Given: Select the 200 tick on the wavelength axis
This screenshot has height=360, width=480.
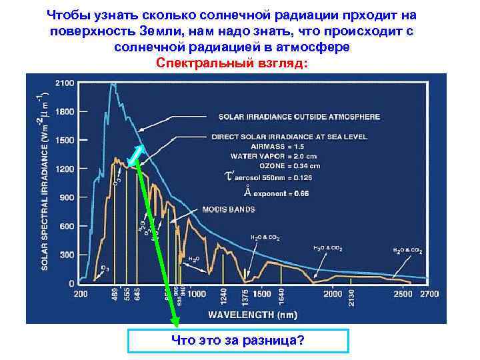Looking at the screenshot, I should (x=81, y=294).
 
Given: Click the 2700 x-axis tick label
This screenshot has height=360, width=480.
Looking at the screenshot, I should (x=430, y=294).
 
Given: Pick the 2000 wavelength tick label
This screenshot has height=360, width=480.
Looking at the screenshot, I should (x=333, y=294).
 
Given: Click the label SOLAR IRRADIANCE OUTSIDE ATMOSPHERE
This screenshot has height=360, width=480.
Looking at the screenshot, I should (x=299, y=116).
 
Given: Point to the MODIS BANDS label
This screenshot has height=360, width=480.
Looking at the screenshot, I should (x=229, y=209).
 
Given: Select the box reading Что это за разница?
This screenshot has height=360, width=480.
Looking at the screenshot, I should (x=238, y=341).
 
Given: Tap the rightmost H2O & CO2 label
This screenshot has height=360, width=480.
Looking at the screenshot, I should (x=407, y=251).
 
